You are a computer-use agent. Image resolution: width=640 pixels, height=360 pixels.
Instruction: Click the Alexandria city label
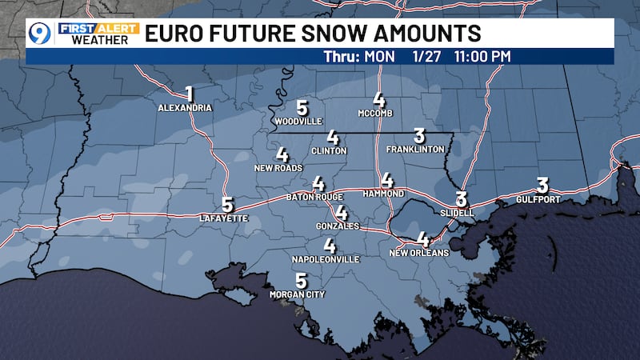point(185,107)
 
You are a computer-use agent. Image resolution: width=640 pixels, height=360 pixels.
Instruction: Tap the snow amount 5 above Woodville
point(302,108)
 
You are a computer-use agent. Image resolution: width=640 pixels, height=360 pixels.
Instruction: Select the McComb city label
point(379,113)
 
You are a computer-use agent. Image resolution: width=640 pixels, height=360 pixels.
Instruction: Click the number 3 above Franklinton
point(419,135)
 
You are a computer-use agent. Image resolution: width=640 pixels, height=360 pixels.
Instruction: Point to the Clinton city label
point(330,150)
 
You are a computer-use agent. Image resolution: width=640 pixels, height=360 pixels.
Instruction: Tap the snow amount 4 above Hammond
point(387,180)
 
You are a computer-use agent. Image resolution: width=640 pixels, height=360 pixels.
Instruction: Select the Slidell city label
point(458,214)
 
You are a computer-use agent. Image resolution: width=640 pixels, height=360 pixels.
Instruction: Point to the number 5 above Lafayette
point(227,205)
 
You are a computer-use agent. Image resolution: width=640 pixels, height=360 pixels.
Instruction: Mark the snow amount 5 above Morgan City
point(301,280)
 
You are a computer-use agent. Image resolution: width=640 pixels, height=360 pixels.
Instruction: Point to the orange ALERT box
point(118,27)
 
